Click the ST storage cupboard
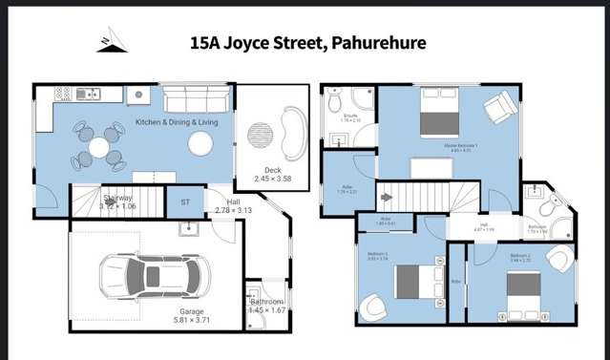point(186,202)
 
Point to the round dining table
point(100,146)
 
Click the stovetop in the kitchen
point(64,94)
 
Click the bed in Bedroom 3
point(410,280)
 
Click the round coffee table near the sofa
point(200,143)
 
